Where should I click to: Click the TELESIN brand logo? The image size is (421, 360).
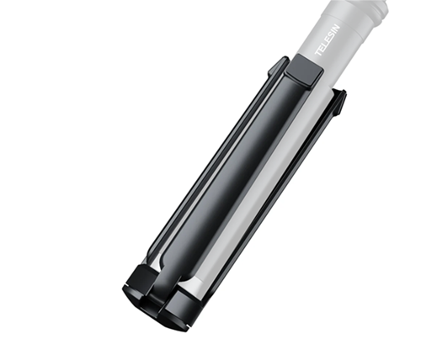point(328,40)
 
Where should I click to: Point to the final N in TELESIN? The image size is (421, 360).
point(336,29)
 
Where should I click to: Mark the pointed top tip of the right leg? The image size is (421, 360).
point(344,91)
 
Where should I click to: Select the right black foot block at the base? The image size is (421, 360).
point(179,310)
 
